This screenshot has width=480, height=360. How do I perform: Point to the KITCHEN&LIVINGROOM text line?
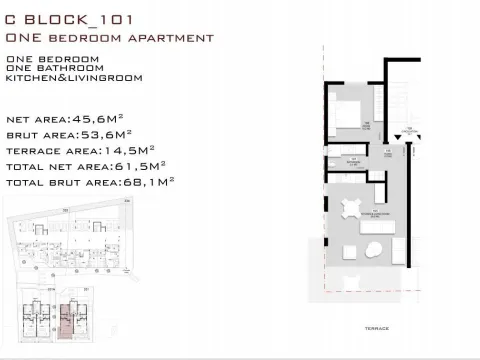pos(74,78)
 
